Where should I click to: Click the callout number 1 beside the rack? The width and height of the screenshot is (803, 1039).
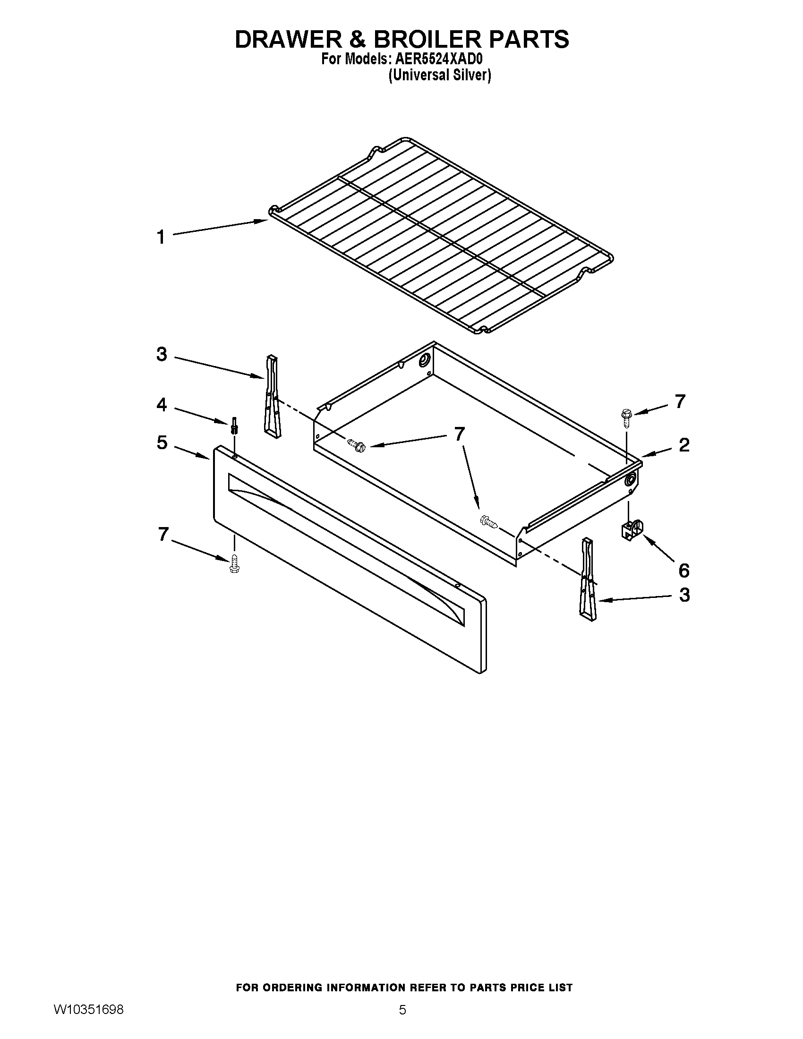161,237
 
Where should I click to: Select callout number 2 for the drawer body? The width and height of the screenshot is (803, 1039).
683,445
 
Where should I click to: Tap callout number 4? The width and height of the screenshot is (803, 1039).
162,405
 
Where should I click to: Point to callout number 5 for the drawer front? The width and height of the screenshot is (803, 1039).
162,443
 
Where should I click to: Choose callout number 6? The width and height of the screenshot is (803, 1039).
683,570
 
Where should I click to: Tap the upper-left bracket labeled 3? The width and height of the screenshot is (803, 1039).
273,395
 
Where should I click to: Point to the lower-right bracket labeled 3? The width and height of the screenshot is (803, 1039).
588,580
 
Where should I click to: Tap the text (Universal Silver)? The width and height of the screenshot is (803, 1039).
439,75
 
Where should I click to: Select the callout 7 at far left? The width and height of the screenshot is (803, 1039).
163,534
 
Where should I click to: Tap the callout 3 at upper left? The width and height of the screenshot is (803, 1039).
162,354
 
